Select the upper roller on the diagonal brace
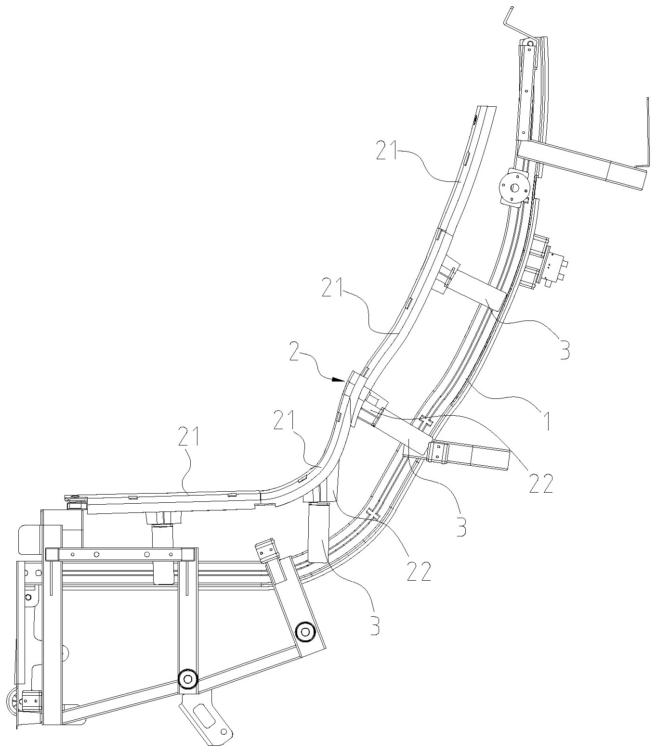point(305,631)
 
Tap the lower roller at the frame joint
point(188,679)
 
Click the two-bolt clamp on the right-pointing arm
point(438,453)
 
